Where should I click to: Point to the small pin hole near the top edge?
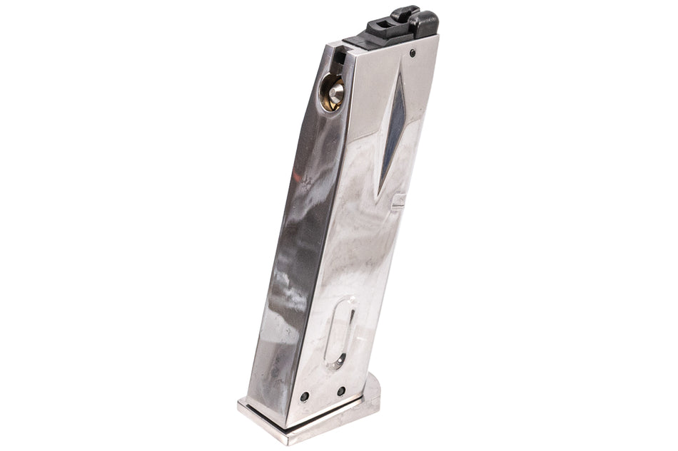(x=413, y=51)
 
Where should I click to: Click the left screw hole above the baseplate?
(x=305, y=396)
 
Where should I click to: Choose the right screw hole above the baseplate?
(x=341, y=390)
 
